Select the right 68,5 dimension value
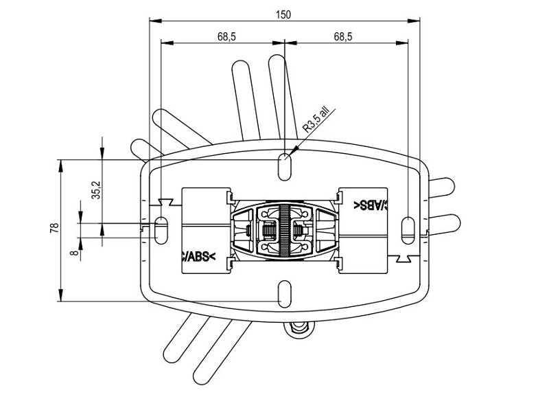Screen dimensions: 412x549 (343, 37)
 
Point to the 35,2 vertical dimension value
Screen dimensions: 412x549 (96, 190)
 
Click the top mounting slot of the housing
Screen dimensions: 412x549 (283, 165)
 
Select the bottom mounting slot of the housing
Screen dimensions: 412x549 (283, 293)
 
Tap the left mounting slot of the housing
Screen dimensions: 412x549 (162, 229)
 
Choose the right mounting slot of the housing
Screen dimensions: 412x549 (408, 229)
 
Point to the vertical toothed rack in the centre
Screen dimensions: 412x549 (283, 229)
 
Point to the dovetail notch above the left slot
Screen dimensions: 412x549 (164, 201)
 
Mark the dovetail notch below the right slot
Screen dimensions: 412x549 (405, 257)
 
